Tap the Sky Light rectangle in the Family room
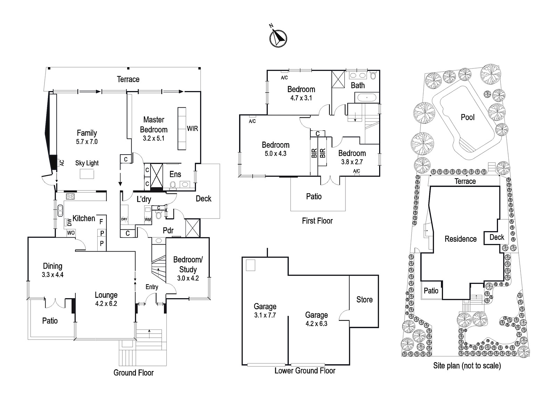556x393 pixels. (87, 174)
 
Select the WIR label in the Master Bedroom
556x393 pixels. (193, 129)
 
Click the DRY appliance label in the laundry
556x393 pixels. (124, 219)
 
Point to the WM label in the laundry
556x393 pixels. (148, 220)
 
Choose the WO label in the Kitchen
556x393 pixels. (71, 233)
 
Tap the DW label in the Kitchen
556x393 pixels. (69, 222)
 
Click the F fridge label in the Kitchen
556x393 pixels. (101, 222)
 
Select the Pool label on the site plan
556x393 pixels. (468, 117)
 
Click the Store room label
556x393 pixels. (365, 300)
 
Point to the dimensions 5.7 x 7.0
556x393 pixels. (87, 142)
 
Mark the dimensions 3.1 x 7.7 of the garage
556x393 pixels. (265, 315)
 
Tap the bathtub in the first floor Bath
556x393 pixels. (367, 98)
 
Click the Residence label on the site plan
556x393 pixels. (460, 239)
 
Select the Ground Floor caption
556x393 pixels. (133, 372)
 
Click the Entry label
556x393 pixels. (152, 287)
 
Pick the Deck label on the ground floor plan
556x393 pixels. (204, 199)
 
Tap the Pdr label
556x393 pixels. (168, 230)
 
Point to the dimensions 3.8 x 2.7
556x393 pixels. (352, 162)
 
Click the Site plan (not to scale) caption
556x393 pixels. (467, 366)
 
